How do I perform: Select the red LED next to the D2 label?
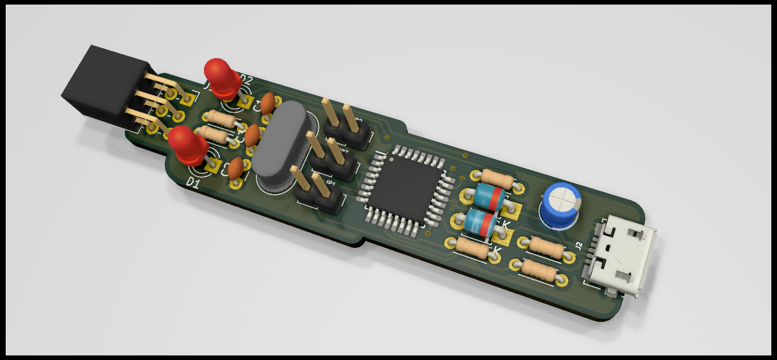coord(223,77)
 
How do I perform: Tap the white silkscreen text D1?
coord(193,183)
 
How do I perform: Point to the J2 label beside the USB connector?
coord(579,246)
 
